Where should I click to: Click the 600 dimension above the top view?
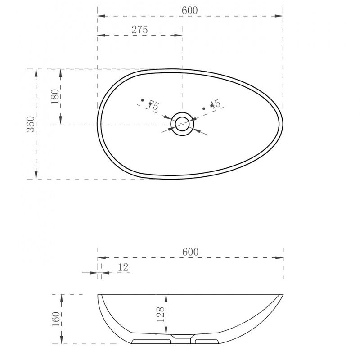tap(189, 10)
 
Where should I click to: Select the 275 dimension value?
tap(139, 30)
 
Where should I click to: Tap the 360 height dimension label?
tap(31, 124)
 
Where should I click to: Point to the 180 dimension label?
tap(55, 96)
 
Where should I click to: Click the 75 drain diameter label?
tap(153, 105)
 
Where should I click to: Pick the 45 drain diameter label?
tap(216, 104)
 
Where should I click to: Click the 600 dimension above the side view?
tap(190, 252)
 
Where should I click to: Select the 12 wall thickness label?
tap(123, 267)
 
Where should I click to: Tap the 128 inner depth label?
tap(161, 314)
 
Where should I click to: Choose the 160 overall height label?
tap(56, 319)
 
